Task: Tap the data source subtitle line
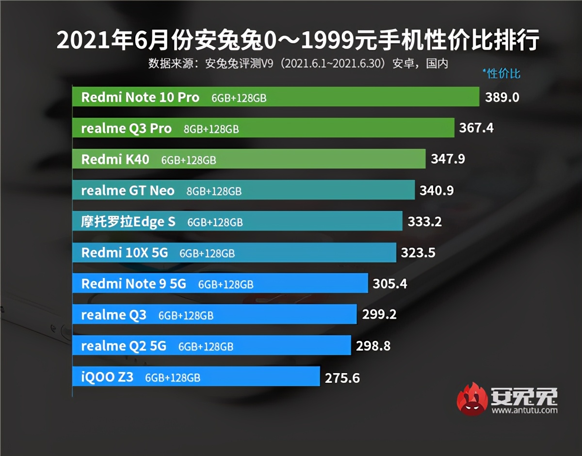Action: pyautogui.click(x=297, y=64)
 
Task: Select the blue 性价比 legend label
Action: pyautogui.click(x=503, y=74)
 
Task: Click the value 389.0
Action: pyautogui.click(x=502, y=98)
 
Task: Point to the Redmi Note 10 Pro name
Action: pyautogui.click(x=140, y=98)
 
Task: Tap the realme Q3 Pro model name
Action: pyautogui.click(x=126, y=129)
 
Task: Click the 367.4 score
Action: pyautogui.click(x=476, y=129)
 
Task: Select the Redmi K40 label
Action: pyautogui.click(x=115, y=160)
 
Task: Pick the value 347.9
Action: pyautogui.click(x=448, y=159)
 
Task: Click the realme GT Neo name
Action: pyautogui.click(x=128, y=191)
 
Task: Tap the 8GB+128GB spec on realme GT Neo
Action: pyautogui.click(x=214, y=192)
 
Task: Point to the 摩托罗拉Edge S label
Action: pyautogui.click(x=128, y=222)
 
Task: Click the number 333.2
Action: pyautogui.click(x=424, y=222)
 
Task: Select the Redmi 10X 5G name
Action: pyautogui.click(x=125, y=253)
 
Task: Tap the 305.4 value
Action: pyautogui.click(x=389, y=284)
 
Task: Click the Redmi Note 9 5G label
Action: pyautogui.click(x=133, y=284)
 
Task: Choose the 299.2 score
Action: pyautogui.click(x=379, y=315)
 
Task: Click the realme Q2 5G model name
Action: pyautogui.click(x=124, y=346)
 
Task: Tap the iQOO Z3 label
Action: pyautogui.click(x=107, y=377)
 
